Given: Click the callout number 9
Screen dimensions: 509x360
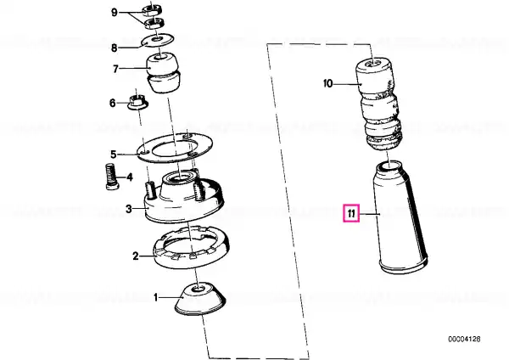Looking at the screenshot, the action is [114, 13].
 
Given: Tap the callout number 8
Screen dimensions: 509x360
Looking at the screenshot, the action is [114, 48].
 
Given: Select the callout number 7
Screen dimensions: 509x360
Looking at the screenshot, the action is [115, 69].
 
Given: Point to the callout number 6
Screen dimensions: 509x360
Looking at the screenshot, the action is [112, 104].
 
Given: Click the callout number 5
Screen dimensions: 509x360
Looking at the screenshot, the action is [114, 154].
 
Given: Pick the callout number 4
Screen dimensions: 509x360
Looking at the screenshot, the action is [130, 177].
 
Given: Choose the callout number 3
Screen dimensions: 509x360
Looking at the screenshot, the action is [129, 209].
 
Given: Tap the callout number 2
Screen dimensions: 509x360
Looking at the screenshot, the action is [136, 256].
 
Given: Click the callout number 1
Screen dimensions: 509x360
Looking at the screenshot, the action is [156, 297].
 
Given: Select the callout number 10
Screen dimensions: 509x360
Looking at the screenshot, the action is [328, 84].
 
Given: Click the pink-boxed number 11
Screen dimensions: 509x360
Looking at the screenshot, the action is [351, 213].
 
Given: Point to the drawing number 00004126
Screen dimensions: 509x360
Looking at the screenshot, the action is [464, 340].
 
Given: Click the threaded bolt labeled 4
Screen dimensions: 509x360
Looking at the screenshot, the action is [112, 177].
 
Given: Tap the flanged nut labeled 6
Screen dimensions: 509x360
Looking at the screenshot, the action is [137, 102].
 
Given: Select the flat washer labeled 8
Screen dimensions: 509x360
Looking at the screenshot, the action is [158, 40].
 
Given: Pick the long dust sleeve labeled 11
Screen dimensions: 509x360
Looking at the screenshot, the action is [400, 217].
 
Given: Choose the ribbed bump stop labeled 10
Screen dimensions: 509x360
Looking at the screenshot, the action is [379, 104].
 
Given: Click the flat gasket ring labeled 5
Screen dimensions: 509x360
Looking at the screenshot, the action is [175, 148].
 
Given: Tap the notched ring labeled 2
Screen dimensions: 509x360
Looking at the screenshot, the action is [191, 247].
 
